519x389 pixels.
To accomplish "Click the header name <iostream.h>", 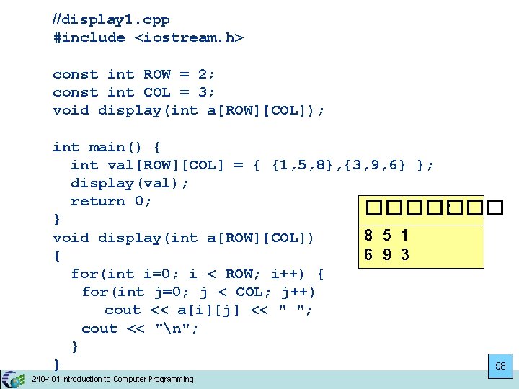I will tap(189, 37).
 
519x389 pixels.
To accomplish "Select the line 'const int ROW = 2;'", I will tap(134, 74).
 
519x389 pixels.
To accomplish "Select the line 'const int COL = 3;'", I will tap(134, 92).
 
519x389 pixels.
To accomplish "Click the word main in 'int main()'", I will tap(107, 147).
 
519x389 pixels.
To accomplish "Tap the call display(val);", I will tap(130, 183).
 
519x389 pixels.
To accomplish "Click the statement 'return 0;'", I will tap(111, 201).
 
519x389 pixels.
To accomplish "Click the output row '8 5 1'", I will tap(386, 236).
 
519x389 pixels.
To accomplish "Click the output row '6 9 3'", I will tap(386, 254).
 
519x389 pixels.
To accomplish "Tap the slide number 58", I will tap(500, 366).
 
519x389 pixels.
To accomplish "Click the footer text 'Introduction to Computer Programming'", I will tap(128, 379).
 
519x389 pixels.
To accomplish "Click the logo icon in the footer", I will tap(12, 379).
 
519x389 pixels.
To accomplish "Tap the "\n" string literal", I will tap(177, 328).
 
